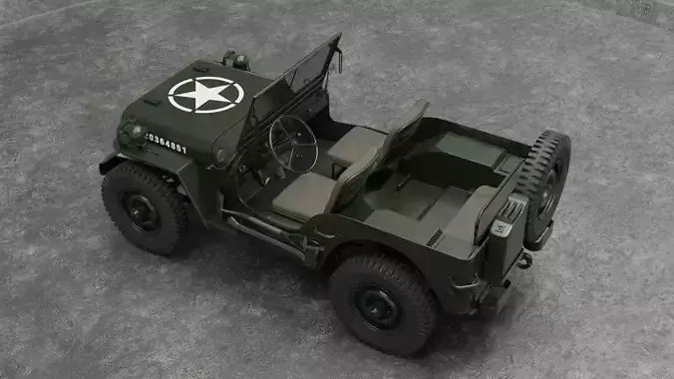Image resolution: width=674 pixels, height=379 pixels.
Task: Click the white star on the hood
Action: (205, 94)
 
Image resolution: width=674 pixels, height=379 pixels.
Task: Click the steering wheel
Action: (293, 143)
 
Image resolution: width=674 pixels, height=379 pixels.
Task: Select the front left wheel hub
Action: (141, 210)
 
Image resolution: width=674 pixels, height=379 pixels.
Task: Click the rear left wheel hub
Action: (378, 307)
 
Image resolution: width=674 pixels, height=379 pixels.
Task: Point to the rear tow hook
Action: (524, 260)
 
